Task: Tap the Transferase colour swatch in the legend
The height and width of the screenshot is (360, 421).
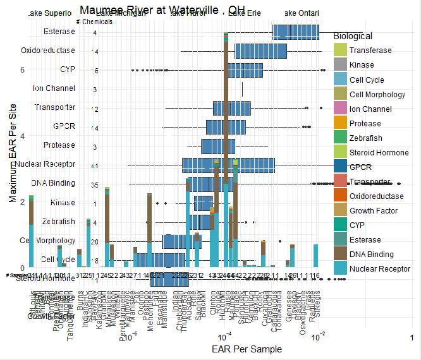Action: click(x=340, y=51)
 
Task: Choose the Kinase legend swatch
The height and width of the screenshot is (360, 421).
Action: click(x=340, y=65)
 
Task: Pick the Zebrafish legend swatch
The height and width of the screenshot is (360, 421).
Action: click(x=340, y=138)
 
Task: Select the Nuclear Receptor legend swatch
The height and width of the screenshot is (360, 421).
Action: click(x=340, y=269)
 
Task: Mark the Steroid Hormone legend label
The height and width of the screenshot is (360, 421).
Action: click(x=379, y=152)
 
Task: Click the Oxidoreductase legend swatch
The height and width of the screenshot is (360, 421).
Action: click(x=340, y=196)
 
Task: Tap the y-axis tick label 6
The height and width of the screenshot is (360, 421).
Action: click(x=22, y=70)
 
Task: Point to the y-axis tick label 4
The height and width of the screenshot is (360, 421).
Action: click(x=22, y=136)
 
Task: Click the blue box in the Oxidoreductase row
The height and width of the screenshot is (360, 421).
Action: click(x=261, y=51)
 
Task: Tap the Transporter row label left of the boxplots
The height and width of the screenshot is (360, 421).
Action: click(x=55, y=107)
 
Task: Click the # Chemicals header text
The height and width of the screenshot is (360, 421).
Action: click(x=94, y=21)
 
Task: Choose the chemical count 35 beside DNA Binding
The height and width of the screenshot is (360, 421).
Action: click(x=95, y=185)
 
